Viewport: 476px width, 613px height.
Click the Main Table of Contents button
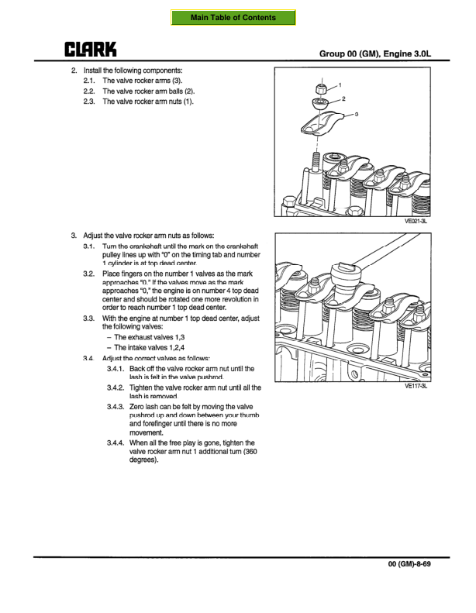[x=233, y=18]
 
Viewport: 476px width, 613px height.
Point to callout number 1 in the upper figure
[x=340, y=84]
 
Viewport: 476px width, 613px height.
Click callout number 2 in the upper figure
[x=343, y=99]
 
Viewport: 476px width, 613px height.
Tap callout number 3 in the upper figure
[x=356, y=114]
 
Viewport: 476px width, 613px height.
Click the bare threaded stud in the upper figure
[x=316, y=164]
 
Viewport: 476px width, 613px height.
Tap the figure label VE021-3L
[x=416, y=221]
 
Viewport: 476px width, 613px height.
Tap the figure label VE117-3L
[x=416, y=391]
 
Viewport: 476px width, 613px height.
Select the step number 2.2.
[x=90, y=91]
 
